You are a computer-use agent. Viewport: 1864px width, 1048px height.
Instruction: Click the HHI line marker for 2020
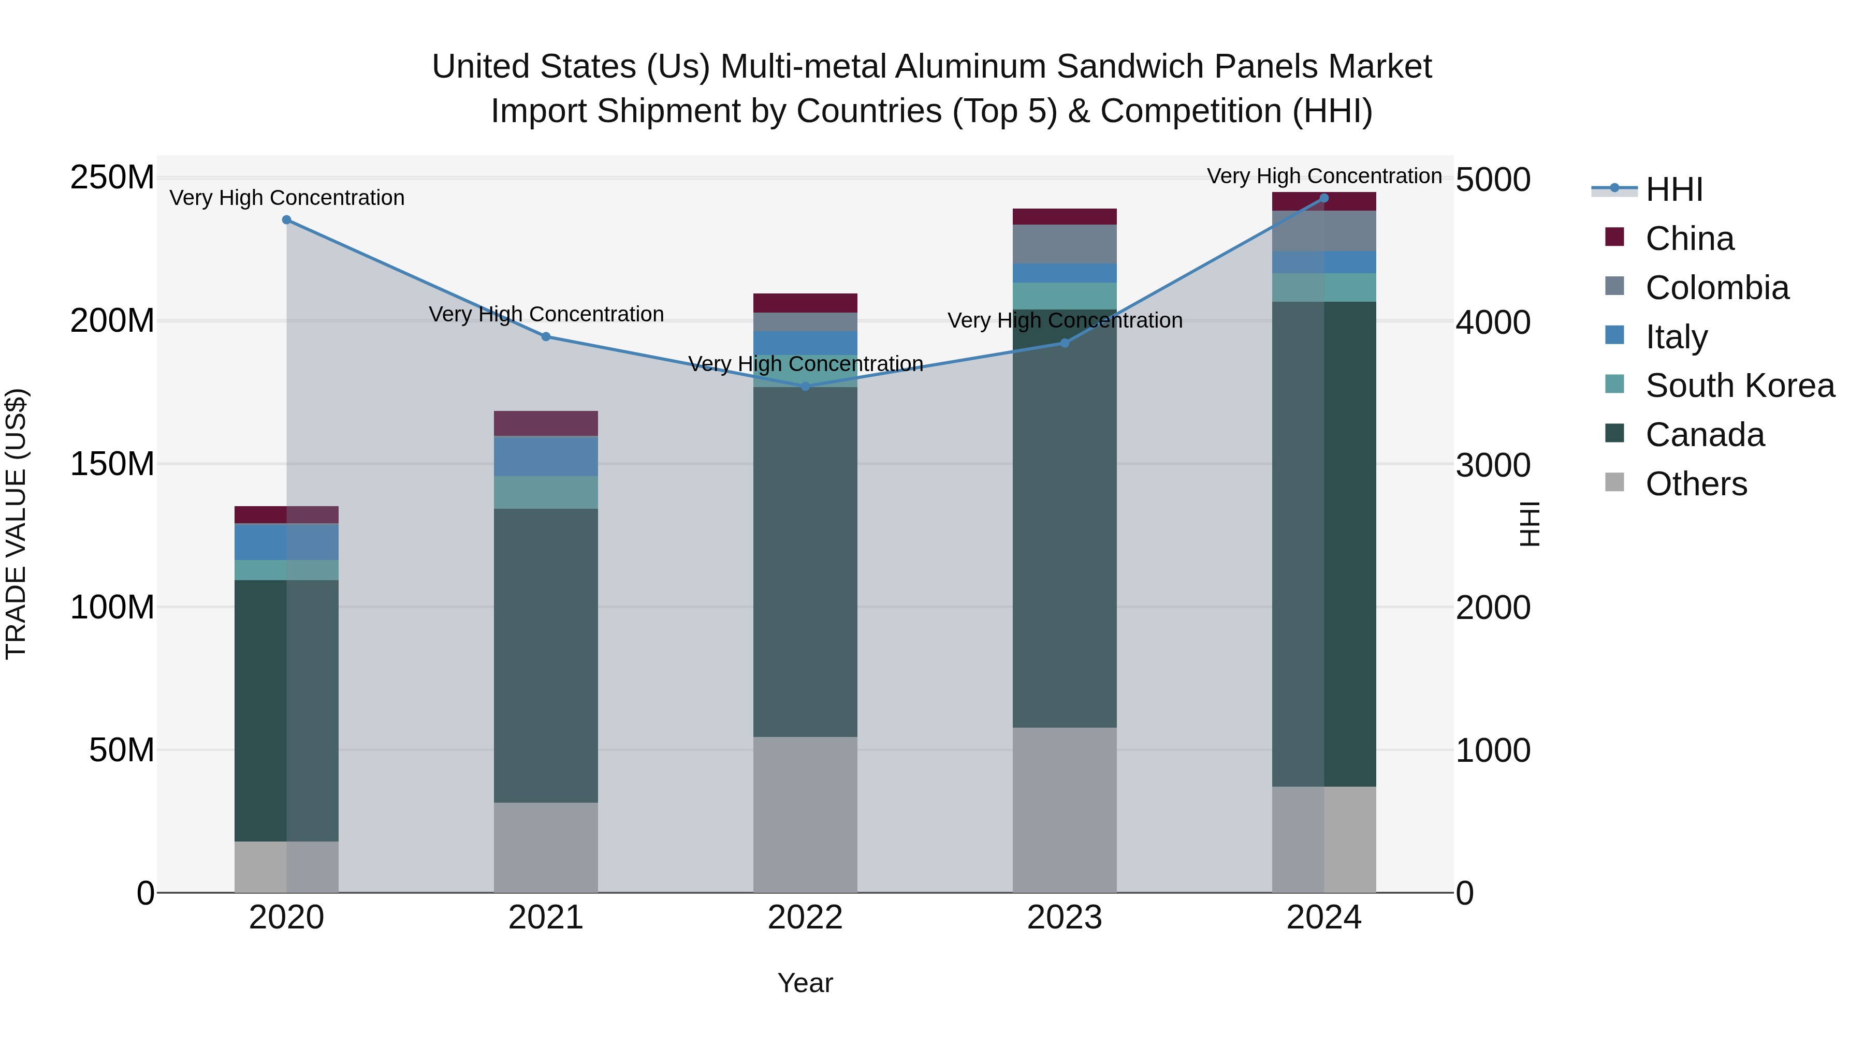click(286, 220)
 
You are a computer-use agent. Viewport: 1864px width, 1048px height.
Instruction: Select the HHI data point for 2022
click(805, 386)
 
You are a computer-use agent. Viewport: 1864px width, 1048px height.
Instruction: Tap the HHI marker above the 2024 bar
click(1324, 198)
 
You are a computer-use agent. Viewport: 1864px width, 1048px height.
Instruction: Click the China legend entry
click(1689, 239)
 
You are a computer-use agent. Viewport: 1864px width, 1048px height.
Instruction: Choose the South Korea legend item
click(1740, 386)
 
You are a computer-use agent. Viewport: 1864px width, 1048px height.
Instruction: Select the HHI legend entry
click(1673, 189)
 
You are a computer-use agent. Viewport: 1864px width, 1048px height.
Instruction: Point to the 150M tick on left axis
click(112, 464)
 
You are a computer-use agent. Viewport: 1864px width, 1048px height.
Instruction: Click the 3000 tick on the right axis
click(1493, 465)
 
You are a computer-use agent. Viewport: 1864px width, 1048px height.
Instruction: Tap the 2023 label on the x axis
click(1065, 918)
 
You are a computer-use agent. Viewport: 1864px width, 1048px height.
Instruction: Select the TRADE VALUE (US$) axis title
click(17, 524)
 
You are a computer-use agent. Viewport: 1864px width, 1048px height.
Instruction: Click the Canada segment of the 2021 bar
click(546, 655)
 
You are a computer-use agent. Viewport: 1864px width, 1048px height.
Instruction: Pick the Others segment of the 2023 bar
click(1065, 809)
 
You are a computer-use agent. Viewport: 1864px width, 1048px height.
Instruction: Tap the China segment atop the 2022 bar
click(805, 302)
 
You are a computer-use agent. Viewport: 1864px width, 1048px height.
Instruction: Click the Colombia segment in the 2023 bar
click(1065, 244)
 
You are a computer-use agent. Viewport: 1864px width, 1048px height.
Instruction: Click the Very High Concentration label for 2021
click(546, 315)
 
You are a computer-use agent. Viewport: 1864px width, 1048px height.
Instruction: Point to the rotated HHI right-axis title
click(1529, 524)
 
